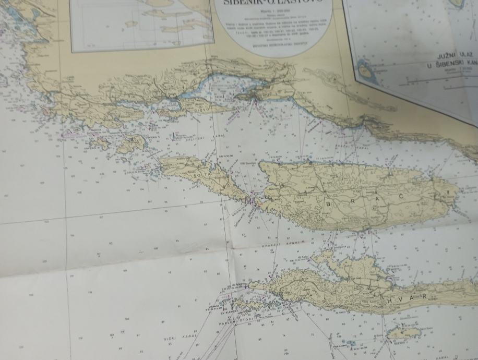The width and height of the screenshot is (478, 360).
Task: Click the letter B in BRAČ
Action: point(328,203)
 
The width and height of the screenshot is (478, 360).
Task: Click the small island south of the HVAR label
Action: point(401,332)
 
